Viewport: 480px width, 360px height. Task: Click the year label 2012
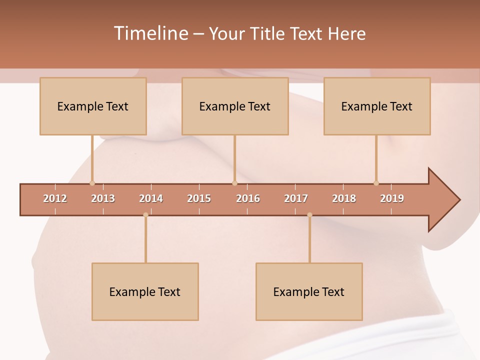55,198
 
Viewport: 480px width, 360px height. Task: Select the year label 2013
103,198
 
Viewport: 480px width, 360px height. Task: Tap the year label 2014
151,198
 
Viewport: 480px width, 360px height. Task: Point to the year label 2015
199,198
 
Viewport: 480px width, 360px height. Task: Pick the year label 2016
248,198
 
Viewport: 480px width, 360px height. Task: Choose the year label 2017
296,198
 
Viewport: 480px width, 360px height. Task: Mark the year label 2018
344,198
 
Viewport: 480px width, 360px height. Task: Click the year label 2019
392,198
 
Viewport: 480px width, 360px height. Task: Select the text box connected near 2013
93,106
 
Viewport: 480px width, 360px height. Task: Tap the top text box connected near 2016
235,106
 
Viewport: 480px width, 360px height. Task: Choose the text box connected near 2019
377,106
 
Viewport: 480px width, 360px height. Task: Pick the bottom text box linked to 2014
145,291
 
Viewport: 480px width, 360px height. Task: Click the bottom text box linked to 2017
309,291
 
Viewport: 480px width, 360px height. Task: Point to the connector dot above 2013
92,183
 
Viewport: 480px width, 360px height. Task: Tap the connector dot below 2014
145,215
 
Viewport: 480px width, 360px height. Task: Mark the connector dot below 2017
309,215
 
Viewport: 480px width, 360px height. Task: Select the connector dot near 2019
376,183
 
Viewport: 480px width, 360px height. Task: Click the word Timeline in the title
151,33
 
